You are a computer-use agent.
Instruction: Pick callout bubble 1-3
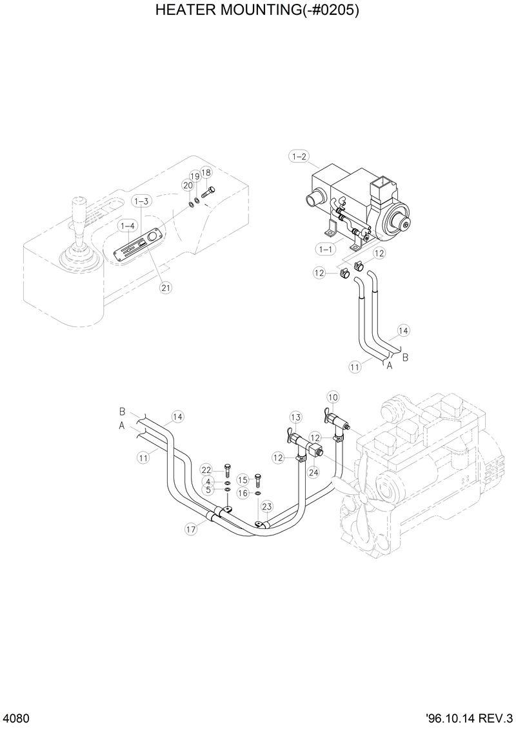click(142, 201)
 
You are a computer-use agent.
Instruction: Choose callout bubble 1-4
click(127, 226)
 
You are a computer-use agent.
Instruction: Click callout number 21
click(166, 288)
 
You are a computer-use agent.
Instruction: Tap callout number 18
click(206, 172)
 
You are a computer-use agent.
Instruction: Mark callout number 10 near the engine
click(332, 397)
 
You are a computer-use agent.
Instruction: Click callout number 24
click(313, 472)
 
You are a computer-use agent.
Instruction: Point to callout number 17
click(191, 529)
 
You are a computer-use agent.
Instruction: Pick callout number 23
click(266, 506)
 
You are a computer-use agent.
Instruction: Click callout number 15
click(243, 480)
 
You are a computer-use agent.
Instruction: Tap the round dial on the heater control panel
click(152, 237)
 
